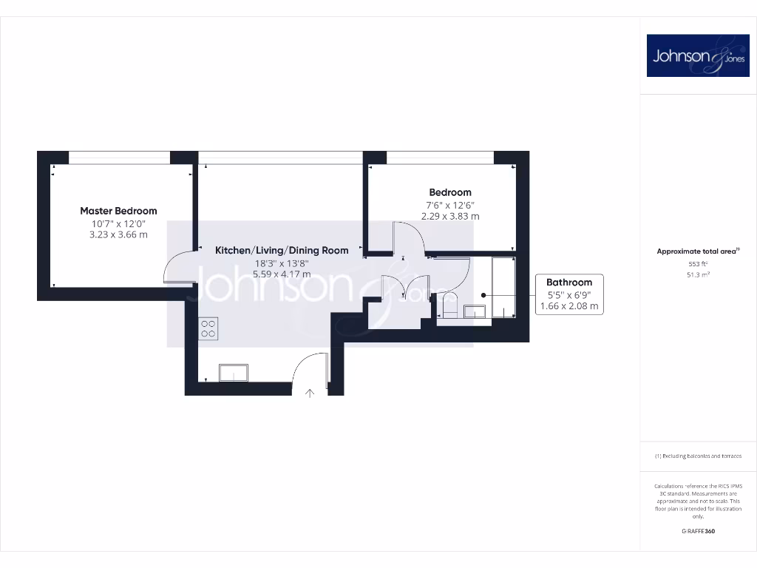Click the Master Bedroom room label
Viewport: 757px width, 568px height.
(118, 211)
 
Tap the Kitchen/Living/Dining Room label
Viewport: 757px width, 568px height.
(282, 251)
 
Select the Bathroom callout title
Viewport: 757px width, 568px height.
(569, 283)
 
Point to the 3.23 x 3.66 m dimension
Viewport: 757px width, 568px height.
(118, 235)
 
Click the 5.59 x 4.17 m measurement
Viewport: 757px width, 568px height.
(282, 274)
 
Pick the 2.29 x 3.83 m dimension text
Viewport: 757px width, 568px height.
(450, 217)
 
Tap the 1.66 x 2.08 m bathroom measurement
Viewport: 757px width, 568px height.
(569, 306)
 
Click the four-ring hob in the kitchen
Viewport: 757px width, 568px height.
(208, 328)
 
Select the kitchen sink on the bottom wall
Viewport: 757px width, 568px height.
(234, 373)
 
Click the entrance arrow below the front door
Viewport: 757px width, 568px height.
(310, 393)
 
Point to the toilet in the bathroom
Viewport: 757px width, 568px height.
(447, 305)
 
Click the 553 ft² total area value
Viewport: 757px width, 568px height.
(698, 264)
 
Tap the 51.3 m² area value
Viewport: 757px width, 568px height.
(698, 274)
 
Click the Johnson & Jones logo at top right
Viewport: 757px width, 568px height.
(698, 55)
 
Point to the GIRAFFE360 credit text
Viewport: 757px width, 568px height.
(698, 531)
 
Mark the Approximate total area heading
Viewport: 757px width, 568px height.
(697, 251)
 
